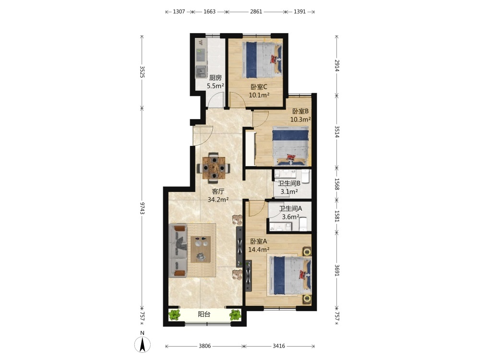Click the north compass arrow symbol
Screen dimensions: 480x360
tap(143, 344)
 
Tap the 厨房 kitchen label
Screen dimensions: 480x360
tap(215, 78)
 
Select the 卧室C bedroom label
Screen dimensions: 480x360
tap(259, 87)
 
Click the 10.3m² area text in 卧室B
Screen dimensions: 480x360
tap(300, 120)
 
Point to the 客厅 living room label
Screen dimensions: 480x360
tap(218, 192)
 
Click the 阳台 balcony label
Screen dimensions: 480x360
tap(204, 314)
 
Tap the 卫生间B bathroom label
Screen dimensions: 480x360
tap(289, 183)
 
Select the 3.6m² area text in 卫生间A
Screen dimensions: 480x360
tap(290, 217)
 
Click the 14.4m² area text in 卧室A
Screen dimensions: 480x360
tap(259, 250)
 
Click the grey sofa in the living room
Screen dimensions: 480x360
tap(178, 251)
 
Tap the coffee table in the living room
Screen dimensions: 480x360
tap(201, 249)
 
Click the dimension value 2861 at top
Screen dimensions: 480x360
tap(256, 12)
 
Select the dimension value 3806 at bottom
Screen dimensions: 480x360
tap(205, 346)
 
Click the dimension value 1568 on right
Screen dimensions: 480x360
tap(337, 184)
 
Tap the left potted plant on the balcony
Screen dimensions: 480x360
tap(175, 315)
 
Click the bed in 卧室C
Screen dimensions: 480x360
tap(262, 60)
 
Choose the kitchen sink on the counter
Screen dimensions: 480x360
tap(201, 72)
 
